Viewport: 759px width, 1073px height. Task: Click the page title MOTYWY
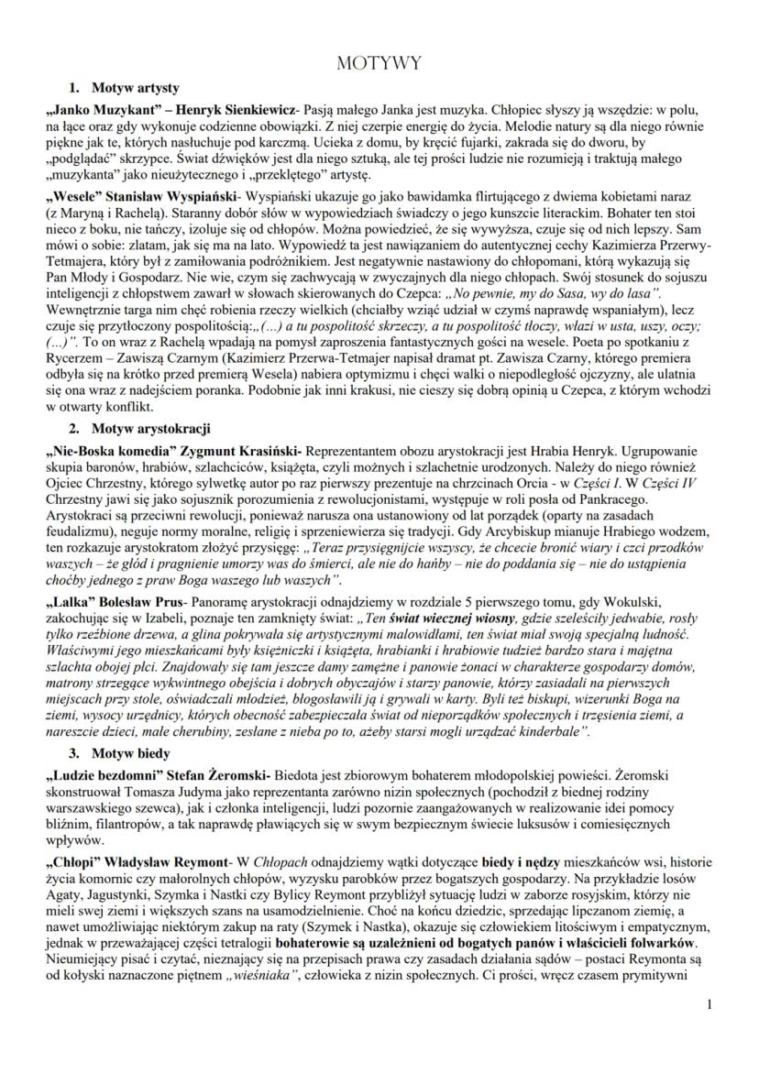(379, 62)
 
